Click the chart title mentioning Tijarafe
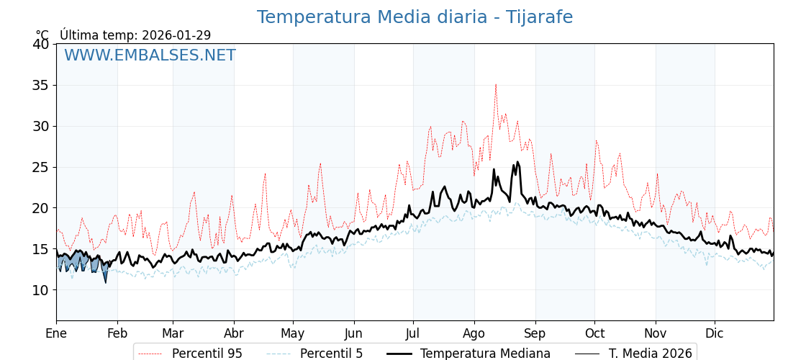click(415, 17)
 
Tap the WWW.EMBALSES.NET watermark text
click(150, 56)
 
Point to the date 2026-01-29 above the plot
click(176, 35)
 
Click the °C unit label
click(42, 35)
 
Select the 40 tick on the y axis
click(40, 44)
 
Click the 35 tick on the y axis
click(40, 85)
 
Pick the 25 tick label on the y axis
click(40, 167)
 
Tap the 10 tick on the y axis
click(40, 290)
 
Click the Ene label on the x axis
click(56, 333)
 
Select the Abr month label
click(234, 333)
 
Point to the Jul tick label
click(413, 333)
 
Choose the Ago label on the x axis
click(474, 333)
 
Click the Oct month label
click(594, 333)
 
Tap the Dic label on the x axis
click(715, 333)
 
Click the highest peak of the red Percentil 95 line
click(495, 84)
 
